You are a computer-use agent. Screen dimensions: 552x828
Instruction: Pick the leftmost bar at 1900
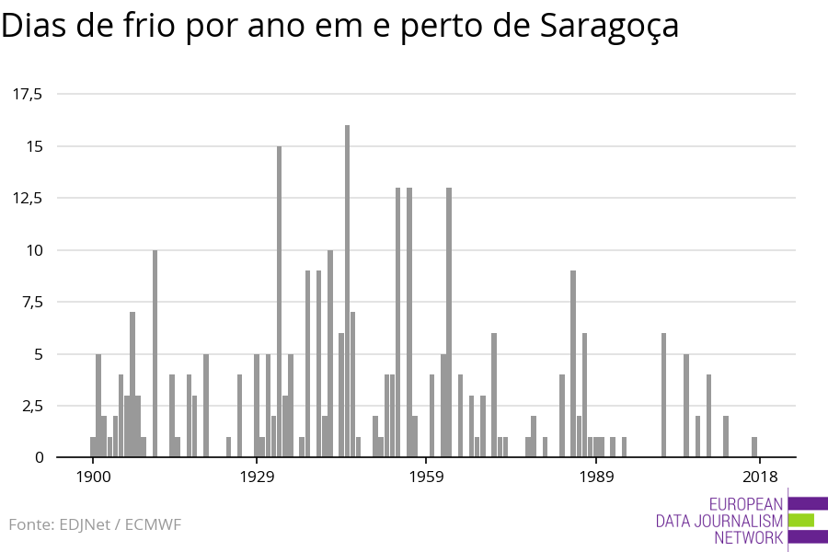point(93,447)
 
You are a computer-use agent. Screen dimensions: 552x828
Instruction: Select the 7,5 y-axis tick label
point(33,302)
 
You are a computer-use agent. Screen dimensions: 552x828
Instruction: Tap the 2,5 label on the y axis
point(33,406)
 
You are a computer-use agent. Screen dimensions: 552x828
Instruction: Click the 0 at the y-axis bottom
point(39,457)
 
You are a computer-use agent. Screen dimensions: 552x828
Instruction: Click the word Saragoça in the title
point(604,27)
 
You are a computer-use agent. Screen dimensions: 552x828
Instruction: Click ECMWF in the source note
point(153,524)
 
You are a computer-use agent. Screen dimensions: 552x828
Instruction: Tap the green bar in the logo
point(801,520)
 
